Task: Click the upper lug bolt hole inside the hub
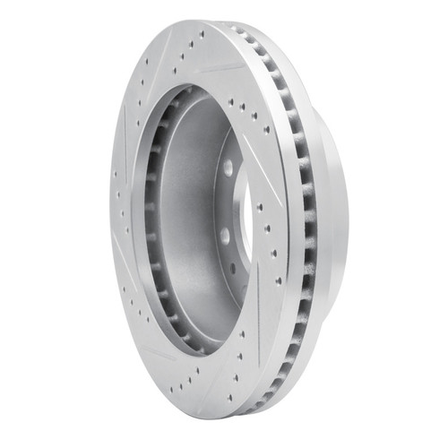[x=228, y=168]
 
